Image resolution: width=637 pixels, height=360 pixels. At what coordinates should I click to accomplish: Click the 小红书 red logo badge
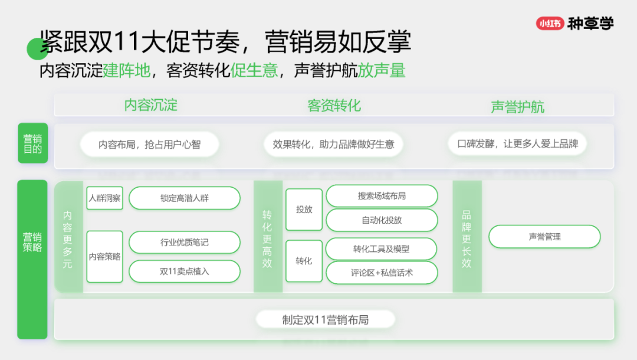(x=550, y=24)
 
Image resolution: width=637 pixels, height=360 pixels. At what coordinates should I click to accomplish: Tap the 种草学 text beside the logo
(x=590, y=24)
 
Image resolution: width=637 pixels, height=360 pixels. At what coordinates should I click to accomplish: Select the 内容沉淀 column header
(x=150, y=106)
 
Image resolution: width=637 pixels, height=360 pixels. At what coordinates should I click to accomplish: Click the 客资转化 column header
(x=334, y=106)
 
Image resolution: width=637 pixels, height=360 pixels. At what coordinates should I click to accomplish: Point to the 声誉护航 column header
(x=517, y=107)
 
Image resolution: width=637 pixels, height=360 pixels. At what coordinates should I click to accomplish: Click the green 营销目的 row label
(x=32, y=143)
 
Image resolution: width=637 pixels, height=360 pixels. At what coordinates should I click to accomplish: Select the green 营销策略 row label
(x=32, y=242)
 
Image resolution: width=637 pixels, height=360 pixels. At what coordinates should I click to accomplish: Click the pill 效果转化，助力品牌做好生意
(x=333, y=144)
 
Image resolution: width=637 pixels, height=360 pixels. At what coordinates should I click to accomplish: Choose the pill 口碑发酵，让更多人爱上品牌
(x=517, y=144)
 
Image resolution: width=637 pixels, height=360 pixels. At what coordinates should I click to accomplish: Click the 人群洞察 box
(x=104, y=198)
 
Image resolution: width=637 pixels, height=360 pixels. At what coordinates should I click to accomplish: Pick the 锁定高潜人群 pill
(x=185, y=198)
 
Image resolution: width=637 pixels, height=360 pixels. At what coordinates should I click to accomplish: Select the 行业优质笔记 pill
(x=185, y=243)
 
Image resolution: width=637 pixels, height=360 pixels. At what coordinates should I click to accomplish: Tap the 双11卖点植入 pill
(x=185, y=271)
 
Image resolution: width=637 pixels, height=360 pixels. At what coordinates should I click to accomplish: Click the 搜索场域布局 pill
(x=382, y=196)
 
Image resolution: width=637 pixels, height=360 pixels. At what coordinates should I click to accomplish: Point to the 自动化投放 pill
(x=382, y=220)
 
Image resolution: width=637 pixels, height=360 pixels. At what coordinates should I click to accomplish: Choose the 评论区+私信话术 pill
(x=382, y=273)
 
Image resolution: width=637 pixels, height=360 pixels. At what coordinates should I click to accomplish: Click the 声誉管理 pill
(x=544, y=237)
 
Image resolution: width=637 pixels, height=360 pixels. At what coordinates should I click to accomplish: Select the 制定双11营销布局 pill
(x=325, y=320)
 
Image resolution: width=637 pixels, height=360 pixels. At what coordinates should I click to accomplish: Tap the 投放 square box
(x=304, y=210)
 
